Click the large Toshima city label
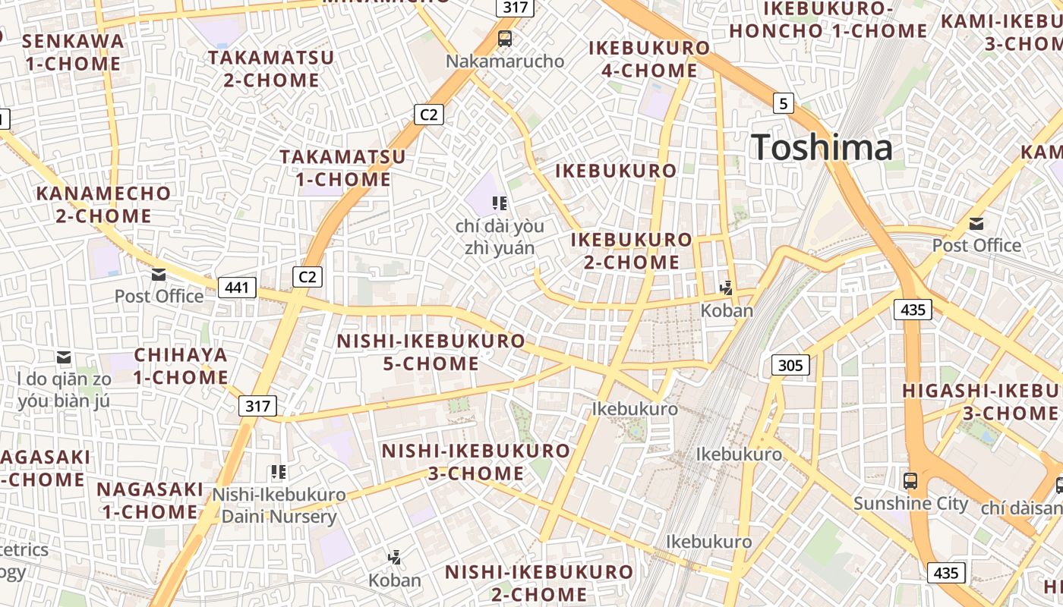coord(822,147)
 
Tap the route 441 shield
coord(237,288)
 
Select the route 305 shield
coord(790,365)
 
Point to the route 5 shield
coord(784,102)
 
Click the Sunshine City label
coord(910,504)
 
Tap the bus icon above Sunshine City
coord(910,480)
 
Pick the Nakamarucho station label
coord(505,61)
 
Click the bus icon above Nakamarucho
coord(504,38)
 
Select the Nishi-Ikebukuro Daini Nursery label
coord(279,506)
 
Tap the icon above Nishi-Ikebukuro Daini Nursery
coord(279,472)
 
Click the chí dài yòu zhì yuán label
coord(500,237)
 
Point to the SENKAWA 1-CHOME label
coord(73,52)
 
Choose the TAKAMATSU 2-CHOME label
coord(271,68)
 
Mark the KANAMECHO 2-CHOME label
coord(103,204)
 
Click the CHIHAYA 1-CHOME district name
coord(181,366)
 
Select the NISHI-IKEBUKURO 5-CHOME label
coord(431,352)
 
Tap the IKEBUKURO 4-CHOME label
coord(649,59)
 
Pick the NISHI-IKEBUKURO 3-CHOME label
coord(475,461)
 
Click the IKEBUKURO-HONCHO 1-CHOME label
coord(828,20)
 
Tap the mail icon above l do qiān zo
coord(65,356)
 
